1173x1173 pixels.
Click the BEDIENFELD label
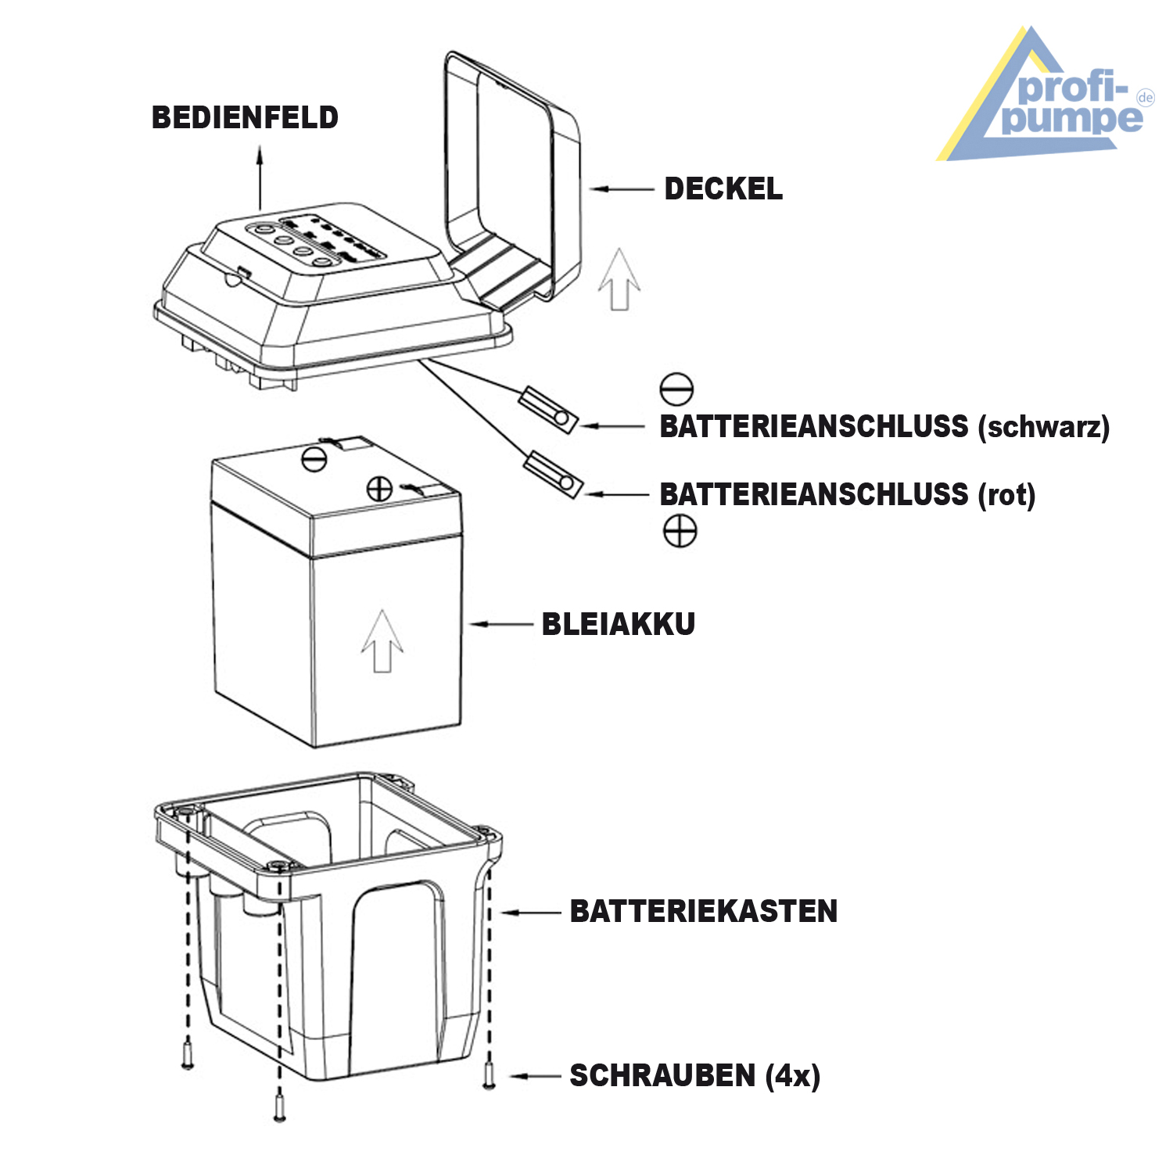(245, 118)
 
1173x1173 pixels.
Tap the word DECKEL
(723, 189)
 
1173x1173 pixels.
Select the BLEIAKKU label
(618, 625)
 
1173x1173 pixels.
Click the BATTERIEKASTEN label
(703, 912)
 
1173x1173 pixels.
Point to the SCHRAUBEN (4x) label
(694, 1076)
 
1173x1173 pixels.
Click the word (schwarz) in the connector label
(1043, 427)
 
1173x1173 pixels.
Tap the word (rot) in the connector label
(1006, 495)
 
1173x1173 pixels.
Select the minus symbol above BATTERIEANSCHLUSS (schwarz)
(676, 389)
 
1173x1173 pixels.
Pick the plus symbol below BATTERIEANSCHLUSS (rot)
(680, 531)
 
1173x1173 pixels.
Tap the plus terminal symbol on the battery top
(379, 490)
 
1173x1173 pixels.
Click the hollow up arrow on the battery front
(382, 641)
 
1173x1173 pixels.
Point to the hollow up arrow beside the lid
(619, 279)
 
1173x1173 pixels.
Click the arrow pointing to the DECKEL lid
(622, 189)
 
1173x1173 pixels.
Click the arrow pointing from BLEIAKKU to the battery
(500, 625)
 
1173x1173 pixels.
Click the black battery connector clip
(548, 410)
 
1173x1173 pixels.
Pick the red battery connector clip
(553, 475)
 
